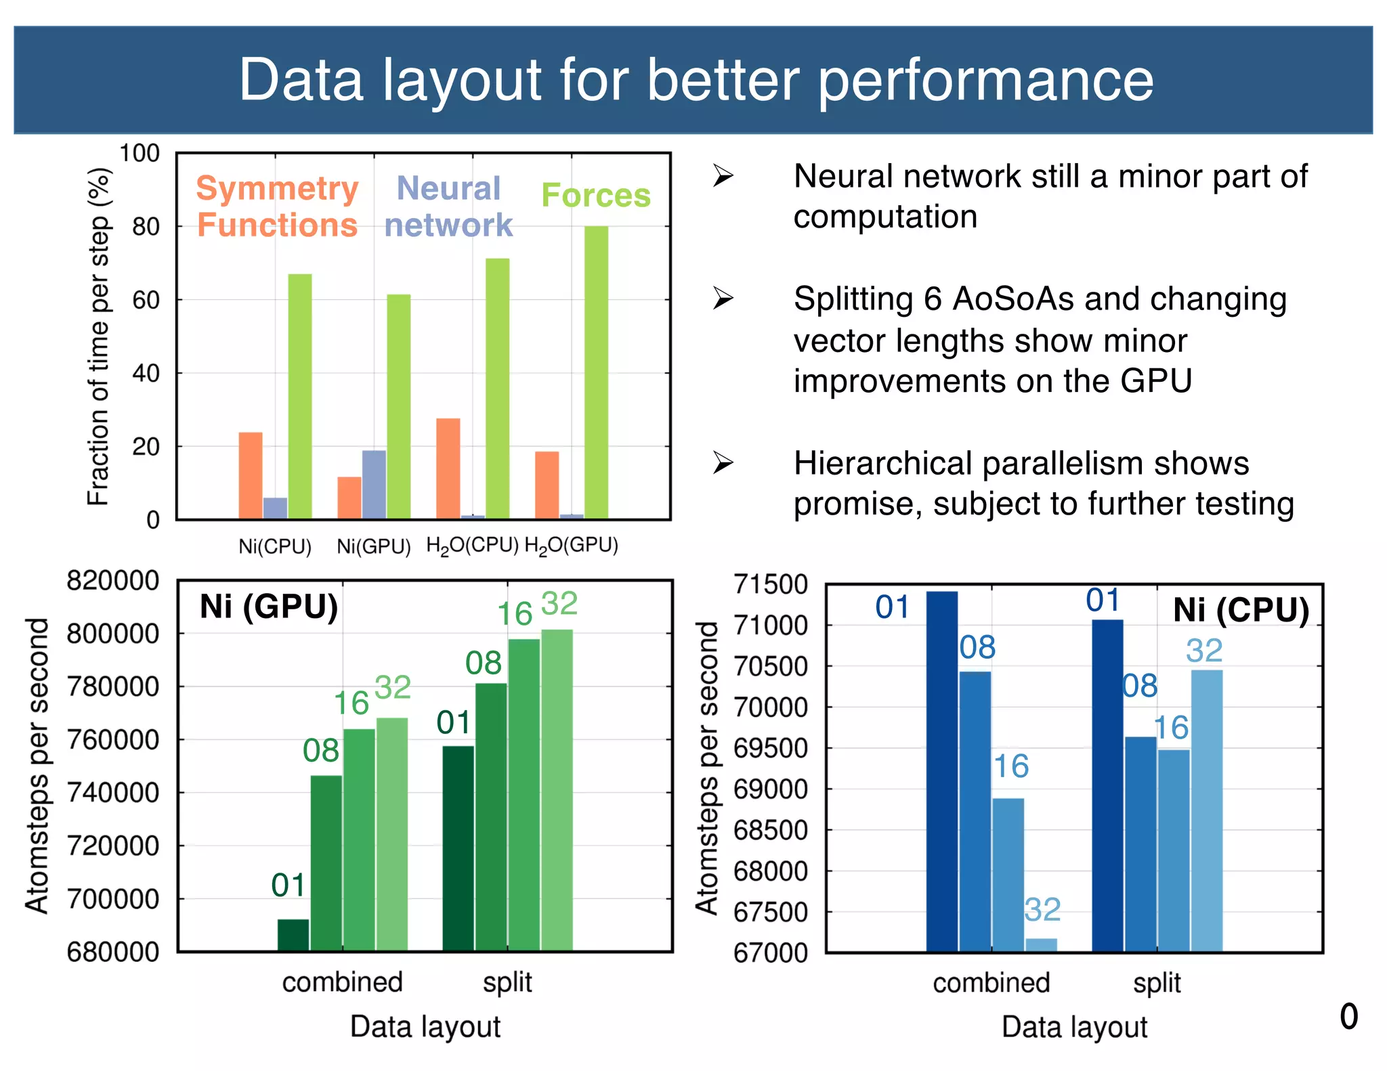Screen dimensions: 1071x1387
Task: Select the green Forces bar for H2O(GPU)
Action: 596,372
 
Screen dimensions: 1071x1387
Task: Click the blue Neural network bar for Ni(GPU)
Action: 374,485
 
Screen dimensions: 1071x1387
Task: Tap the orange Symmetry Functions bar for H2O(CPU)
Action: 448,468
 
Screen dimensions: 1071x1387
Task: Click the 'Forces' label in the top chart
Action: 596,195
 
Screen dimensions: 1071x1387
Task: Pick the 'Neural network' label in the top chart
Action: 448,206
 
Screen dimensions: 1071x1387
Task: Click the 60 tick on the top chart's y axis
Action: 146,300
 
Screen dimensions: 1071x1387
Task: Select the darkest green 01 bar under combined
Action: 293,935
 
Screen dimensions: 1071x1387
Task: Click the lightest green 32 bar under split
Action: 557,790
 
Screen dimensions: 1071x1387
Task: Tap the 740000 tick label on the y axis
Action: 113,793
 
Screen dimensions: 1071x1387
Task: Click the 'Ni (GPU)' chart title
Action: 269,607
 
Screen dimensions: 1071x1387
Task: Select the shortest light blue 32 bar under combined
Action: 1041,945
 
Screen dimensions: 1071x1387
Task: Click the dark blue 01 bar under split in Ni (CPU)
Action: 1107,785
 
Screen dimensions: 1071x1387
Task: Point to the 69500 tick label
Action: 771,749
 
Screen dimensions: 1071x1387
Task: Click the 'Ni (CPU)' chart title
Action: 1241,610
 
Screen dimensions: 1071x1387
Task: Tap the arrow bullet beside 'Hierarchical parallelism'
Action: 723,463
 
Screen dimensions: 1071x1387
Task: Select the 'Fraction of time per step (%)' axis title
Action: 99,336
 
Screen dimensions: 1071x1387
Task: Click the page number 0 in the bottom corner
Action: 1348,1017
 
